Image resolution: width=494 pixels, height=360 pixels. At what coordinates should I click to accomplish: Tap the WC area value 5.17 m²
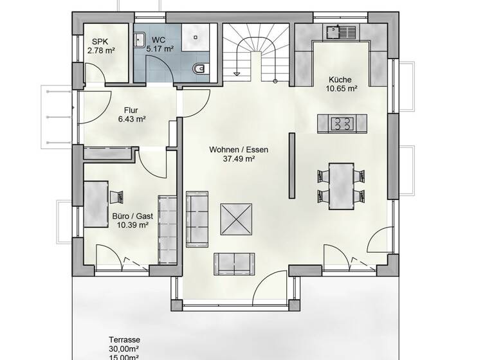coord(160,48)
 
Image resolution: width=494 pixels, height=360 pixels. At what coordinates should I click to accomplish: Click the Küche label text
coord(340,80)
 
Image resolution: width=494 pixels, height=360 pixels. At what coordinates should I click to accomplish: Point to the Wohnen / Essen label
coord(238,150)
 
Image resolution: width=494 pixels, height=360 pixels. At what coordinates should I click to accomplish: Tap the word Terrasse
coord(125,340)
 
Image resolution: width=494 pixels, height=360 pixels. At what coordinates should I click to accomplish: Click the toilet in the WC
coord(199,67)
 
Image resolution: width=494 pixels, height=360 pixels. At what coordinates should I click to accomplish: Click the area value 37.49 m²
coord(238,159)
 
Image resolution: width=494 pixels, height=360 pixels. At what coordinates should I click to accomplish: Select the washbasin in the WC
coord(140,40)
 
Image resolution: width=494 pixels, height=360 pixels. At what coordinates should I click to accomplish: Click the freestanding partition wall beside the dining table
coord(291,168)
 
